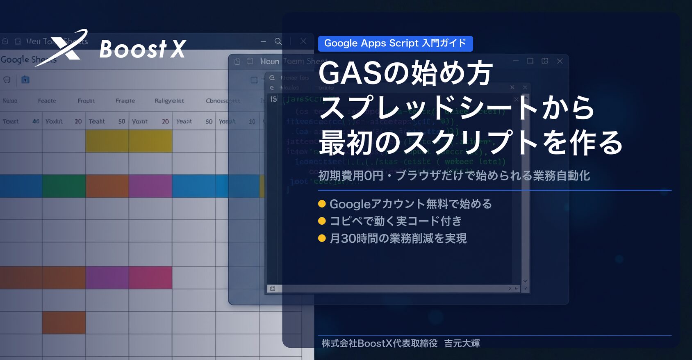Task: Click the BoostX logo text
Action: tap(143, 49)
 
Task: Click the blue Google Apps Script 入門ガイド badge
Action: tap(395, 43)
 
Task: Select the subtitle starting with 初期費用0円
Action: tap(454, 175)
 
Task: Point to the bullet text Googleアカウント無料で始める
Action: tap(410, 204)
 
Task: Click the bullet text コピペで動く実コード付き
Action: tap(396, 221)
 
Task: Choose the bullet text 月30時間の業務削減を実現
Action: tap(398, 238)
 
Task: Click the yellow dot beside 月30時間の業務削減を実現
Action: tap(322, 238)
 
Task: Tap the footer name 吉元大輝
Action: tap(462, 343)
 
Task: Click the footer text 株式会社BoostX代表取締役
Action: tap(379, 343)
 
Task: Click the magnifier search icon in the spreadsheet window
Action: tap(278, 41)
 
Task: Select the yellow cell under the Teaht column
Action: tap(107, 141)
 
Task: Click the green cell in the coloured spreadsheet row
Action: tap(64, 186)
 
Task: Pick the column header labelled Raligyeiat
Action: tap(169, 101)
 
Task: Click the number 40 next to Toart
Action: tap(36, 121)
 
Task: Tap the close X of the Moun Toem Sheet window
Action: tap(560, 61)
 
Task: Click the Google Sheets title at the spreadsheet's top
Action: tap(28, 59)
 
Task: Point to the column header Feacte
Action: tap(47, 101)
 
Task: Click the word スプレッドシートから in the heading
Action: tap(456, 108)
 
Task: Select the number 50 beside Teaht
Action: tap(122, 121)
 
